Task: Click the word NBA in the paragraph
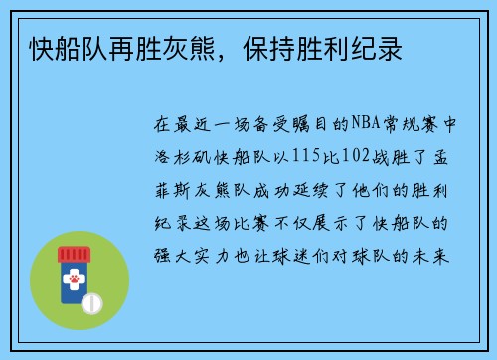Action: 363,126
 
